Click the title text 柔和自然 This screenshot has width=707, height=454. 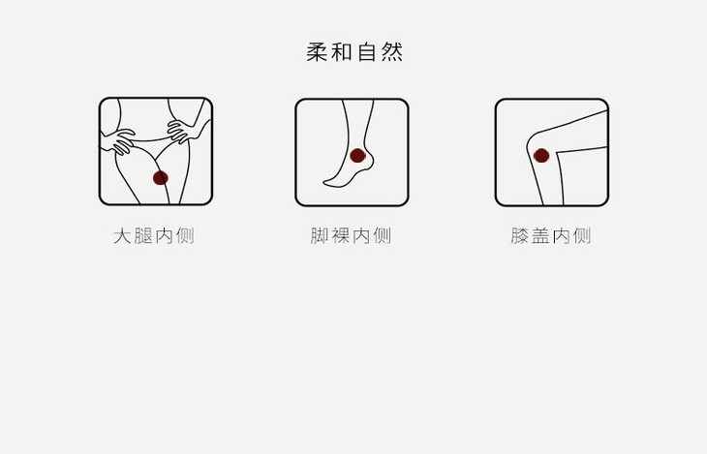353,52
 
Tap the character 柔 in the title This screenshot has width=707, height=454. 318,52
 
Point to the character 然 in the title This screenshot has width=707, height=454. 391,52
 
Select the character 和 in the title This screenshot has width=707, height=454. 342,52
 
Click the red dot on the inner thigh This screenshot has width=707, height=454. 161,177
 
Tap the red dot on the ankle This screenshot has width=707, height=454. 357,155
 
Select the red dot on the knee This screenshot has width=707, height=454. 541,155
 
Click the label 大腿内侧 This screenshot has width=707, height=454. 154,235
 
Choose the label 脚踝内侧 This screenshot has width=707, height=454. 351,235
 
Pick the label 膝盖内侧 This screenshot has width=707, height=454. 551,235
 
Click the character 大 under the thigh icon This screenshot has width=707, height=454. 122,235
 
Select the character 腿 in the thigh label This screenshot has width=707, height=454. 143,235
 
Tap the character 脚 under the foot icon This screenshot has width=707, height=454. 320,235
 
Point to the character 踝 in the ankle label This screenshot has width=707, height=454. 341,235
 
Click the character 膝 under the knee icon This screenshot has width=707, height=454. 520,235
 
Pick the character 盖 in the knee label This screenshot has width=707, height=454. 541,235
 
